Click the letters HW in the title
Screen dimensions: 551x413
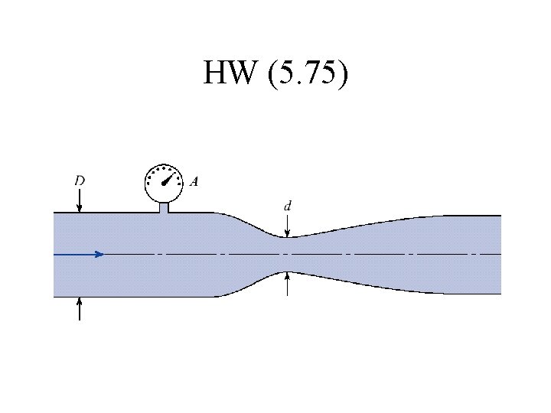[x=229, y=72]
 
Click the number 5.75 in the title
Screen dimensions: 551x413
[x=308, y=72]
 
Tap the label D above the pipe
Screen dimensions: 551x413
[x=80, y=180]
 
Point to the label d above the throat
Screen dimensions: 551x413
[x=288, y=206]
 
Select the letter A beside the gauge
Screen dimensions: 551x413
[x=194, y=181]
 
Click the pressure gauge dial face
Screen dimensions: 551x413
[x=164, y=183]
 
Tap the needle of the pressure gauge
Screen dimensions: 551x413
[x=168, y=178]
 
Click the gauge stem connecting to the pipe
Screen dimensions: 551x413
[x=164, y=207]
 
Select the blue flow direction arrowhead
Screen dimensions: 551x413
[x=99, y=254]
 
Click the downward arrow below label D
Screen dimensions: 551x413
[x=80, y=200]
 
